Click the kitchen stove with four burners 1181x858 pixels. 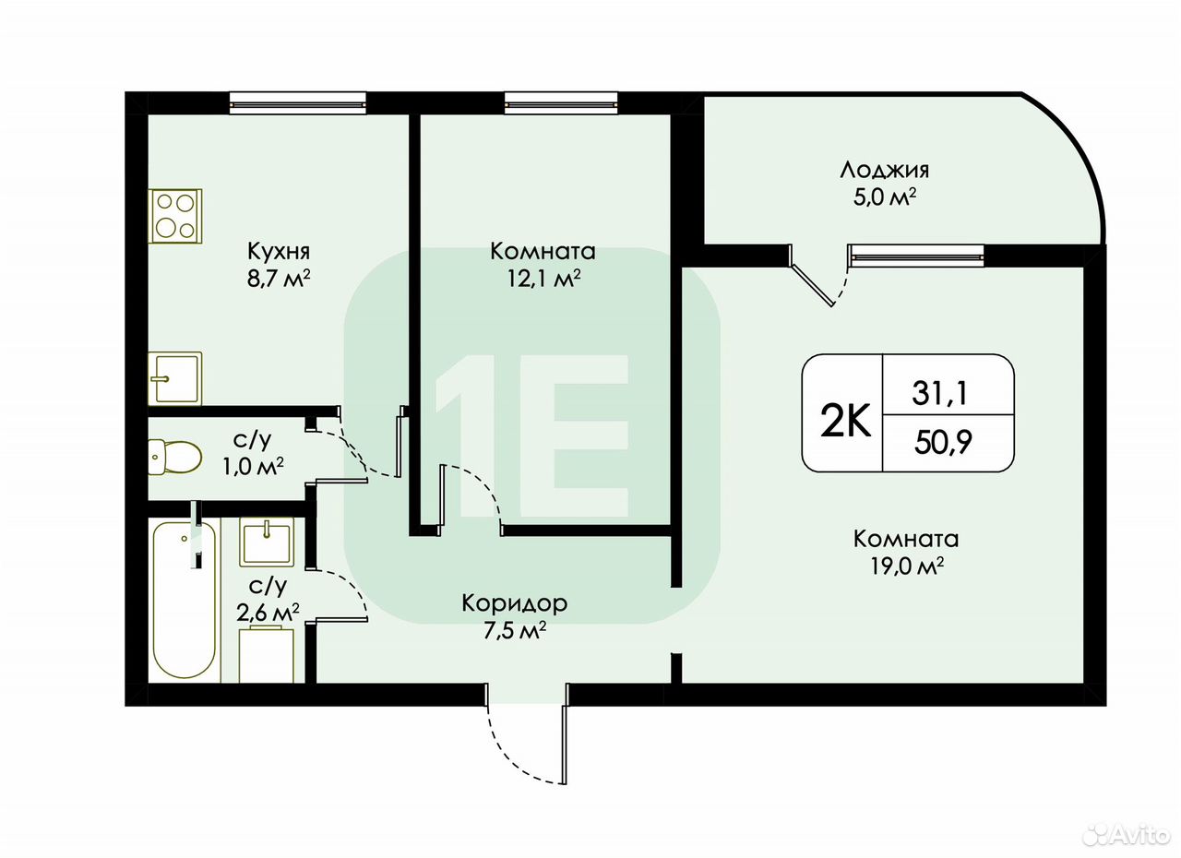point(175,216)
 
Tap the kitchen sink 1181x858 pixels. point(175,378)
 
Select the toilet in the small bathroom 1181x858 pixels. point(175,457)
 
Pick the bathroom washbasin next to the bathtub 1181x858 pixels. point(267,542)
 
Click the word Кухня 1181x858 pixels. point(279,253)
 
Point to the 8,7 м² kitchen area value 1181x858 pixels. point(279,279)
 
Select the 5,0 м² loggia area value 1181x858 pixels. point(884,198)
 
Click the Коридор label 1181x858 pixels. point(515,603)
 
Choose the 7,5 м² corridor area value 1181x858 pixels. point(515,630)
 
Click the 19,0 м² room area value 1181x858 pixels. point(906,566)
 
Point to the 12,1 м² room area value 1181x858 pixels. point(543,279)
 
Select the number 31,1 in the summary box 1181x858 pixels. point(940,393)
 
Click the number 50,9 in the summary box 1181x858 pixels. point(943,442)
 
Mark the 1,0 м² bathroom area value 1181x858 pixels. point(253,466)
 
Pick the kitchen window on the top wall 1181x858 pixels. point(298,102)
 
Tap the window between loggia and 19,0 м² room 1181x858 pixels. point(916,256)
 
